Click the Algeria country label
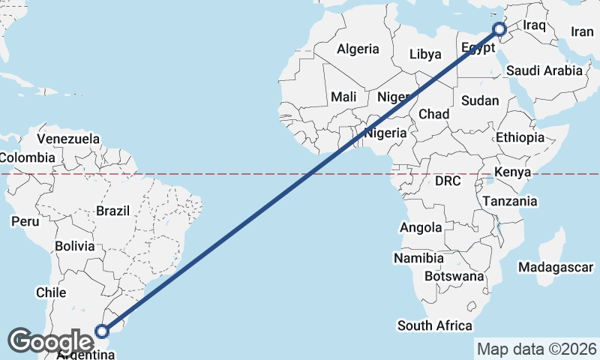point(358,49)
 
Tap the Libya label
point(425,54)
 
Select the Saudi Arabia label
point(544,70)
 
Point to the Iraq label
point(533,25)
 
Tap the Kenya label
point(513,172)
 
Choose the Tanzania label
point(510,201)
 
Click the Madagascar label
point(556,267)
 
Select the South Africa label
point(435,325)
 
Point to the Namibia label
point(418,258)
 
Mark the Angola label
point(421,228)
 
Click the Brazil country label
point(113,211)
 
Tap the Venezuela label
point(68,139)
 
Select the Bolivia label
point(75,246)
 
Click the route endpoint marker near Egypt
point(499,30)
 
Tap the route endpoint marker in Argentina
point(103,330)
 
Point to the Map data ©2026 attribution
point(536,349)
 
